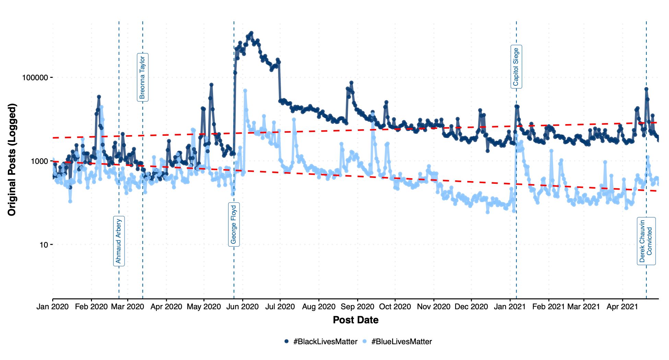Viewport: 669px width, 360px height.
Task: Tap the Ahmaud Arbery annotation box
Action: click(119, 241)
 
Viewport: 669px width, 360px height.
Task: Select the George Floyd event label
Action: click(234, 225)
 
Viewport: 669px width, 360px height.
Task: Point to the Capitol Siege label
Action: click(516, 67)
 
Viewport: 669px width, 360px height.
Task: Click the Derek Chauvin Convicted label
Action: click(646, 241)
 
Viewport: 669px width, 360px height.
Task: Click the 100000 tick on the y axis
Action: click(35, 77)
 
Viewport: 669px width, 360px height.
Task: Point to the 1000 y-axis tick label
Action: click(40, 161)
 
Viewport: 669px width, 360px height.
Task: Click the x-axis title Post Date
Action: click(355, 320)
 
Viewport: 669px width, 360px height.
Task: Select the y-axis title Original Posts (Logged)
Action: click(12, 160)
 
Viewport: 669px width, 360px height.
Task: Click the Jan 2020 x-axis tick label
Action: click(52, 307)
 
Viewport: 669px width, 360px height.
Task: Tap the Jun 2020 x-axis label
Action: click(243, 307)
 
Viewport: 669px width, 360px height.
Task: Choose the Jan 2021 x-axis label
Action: click(509, 307)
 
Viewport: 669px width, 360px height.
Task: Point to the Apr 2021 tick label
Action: click(622, 307)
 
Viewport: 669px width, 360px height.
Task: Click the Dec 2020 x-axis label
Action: click(471, 307)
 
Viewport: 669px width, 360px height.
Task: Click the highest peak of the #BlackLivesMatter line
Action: click(251, 33)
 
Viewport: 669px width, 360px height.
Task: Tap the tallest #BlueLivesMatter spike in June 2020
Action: click(245, 91)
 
